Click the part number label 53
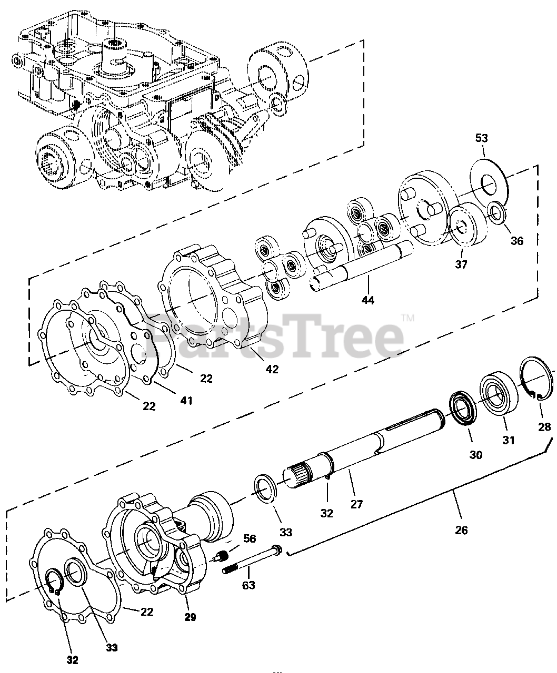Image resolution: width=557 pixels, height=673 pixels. (x=481, y=138)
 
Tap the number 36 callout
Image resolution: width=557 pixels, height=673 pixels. (x=517, y=241)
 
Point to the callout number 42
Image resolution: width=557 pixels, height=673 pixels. (x=272, y=369)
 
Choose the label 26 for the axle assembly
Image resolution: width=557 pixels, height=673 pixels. (x=461, y=530)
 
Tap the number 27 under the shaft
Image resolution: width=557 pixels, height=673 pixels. (x=357, y=504)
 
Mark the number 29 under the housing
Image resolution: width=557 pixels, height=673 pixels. (x=190, y=617)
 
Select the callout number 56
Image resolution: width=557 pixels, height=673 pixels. (x=250, y=539)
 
